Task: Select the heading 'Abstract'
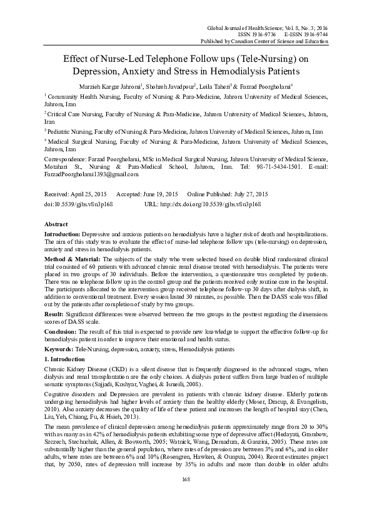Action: point(56,223)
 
